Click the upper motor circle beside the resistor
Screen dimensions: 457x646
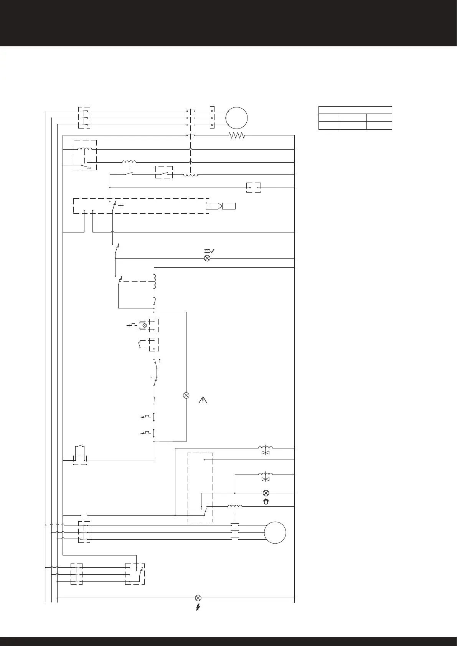[237, 118]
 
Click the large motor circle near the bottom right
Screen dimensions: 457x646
[275, 532]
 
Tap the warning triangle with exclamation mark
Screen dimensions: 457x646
[203, 400]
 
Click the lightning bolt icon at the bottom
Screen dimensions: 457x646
[198, 607]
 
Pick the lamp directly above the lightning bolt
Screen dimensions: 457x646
[198, 598]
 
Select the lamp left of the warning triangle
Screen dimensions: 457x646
[186, 396]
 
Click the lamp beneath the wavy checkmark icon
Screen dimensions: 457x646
[207, 258]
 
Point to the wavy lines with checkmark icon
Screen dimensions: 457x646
[209, 250]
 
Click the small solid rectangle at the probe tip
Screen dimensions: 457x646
[229, 206]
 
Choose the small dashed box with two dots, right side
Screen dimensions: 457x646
[253, 188]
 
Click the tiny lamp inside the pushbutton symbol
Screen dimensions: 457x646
[145, 325]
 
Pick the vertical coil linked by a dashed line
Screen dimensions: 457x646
[155, 282]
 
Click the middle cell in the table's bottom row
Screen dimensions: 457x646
[353, 125]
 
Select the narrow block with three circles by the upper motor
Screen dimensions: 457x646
[212, 118]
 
